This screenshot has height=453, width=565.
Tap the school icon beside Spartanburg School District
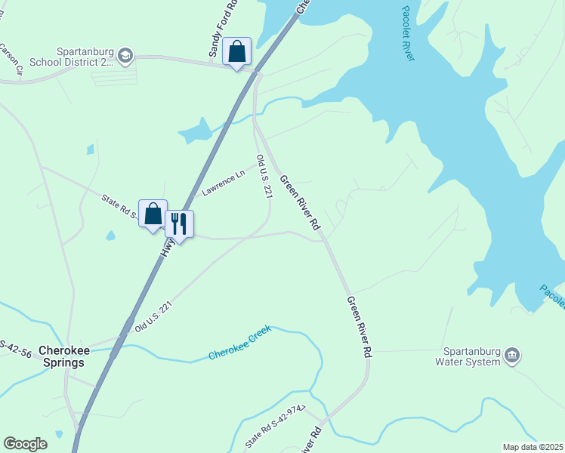(125, 54)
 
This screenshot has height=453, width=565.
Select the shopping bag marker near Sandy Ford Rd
(236, 52)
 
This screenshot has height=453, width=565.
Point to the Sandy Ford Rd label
(223, 29)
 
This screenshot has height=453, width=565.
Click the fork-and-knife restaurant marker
(179, 223)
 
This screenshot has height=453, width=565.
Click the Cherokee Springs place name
(63, 356)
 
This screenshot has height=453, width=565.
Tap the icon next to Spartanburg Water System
(512, 355)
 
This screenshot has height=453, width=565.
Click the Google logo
(26, 444)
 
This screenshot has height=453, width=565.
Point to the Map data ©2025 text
(532, 447)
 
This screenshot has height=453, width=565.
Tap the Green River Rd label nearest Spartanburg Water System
(360, 326)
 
